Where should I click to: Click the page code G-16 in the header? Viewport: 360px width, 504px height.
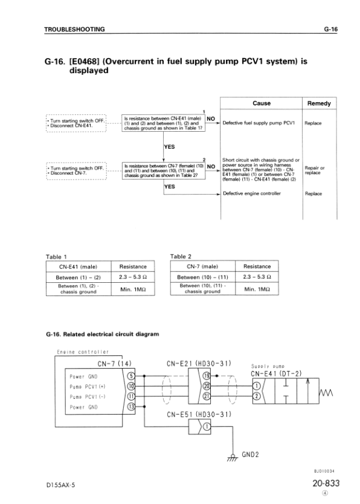point(330,28)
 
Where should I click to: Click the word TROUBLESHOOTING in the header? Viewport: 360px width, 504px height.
point(75,28)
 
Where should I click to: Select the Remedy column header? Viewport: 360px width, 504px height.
point(319,103)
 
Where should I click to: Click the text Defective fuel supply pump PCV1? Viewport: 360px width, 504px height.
point(259,123)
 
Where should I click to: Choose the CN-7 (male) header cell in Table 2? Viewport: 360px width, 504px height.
point(202,266)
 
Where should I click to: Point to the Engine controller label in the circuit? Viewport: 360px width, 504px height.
point(82,351)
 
